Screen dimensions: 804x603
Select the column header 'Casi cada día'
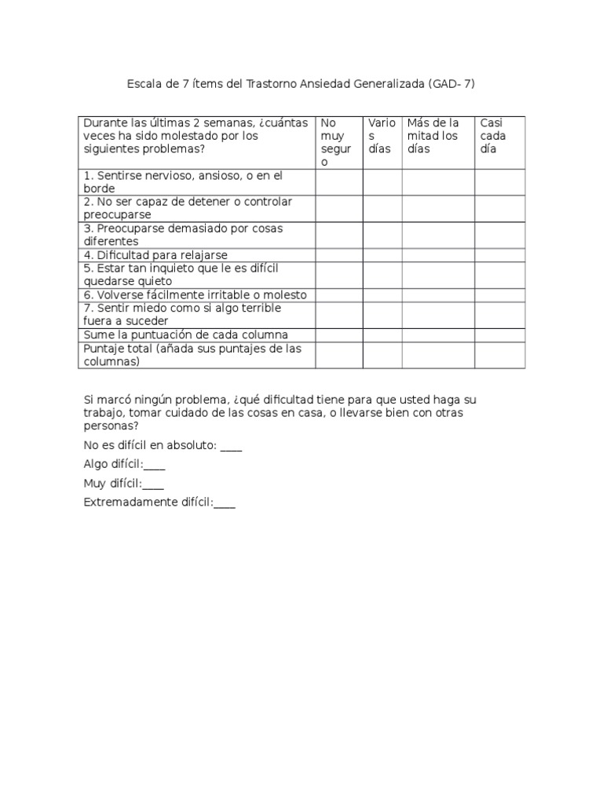tap(493, 136)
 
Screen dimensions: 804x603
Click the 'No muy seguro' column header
tap(336, 142)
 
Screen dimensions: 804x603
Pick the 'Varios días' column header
tap(382, 136)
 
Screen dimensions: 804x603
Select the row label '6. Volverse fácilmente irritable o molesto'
tap(195, 294)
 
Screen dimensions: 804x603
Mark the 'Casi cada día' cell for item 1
tap(499, 182)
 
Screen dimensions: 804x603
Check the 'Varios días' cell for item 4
tap(382, 255)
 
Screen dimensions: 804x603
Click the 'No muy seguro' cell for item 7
tap(339, 315)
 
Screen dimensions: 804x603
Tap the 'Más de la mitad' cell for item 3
tap(438, 235)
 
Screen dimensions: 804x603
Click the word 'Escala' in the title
tap(143, 82)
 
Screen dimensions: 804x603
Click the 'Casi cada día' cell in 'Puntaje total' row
tap(499, 355)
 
